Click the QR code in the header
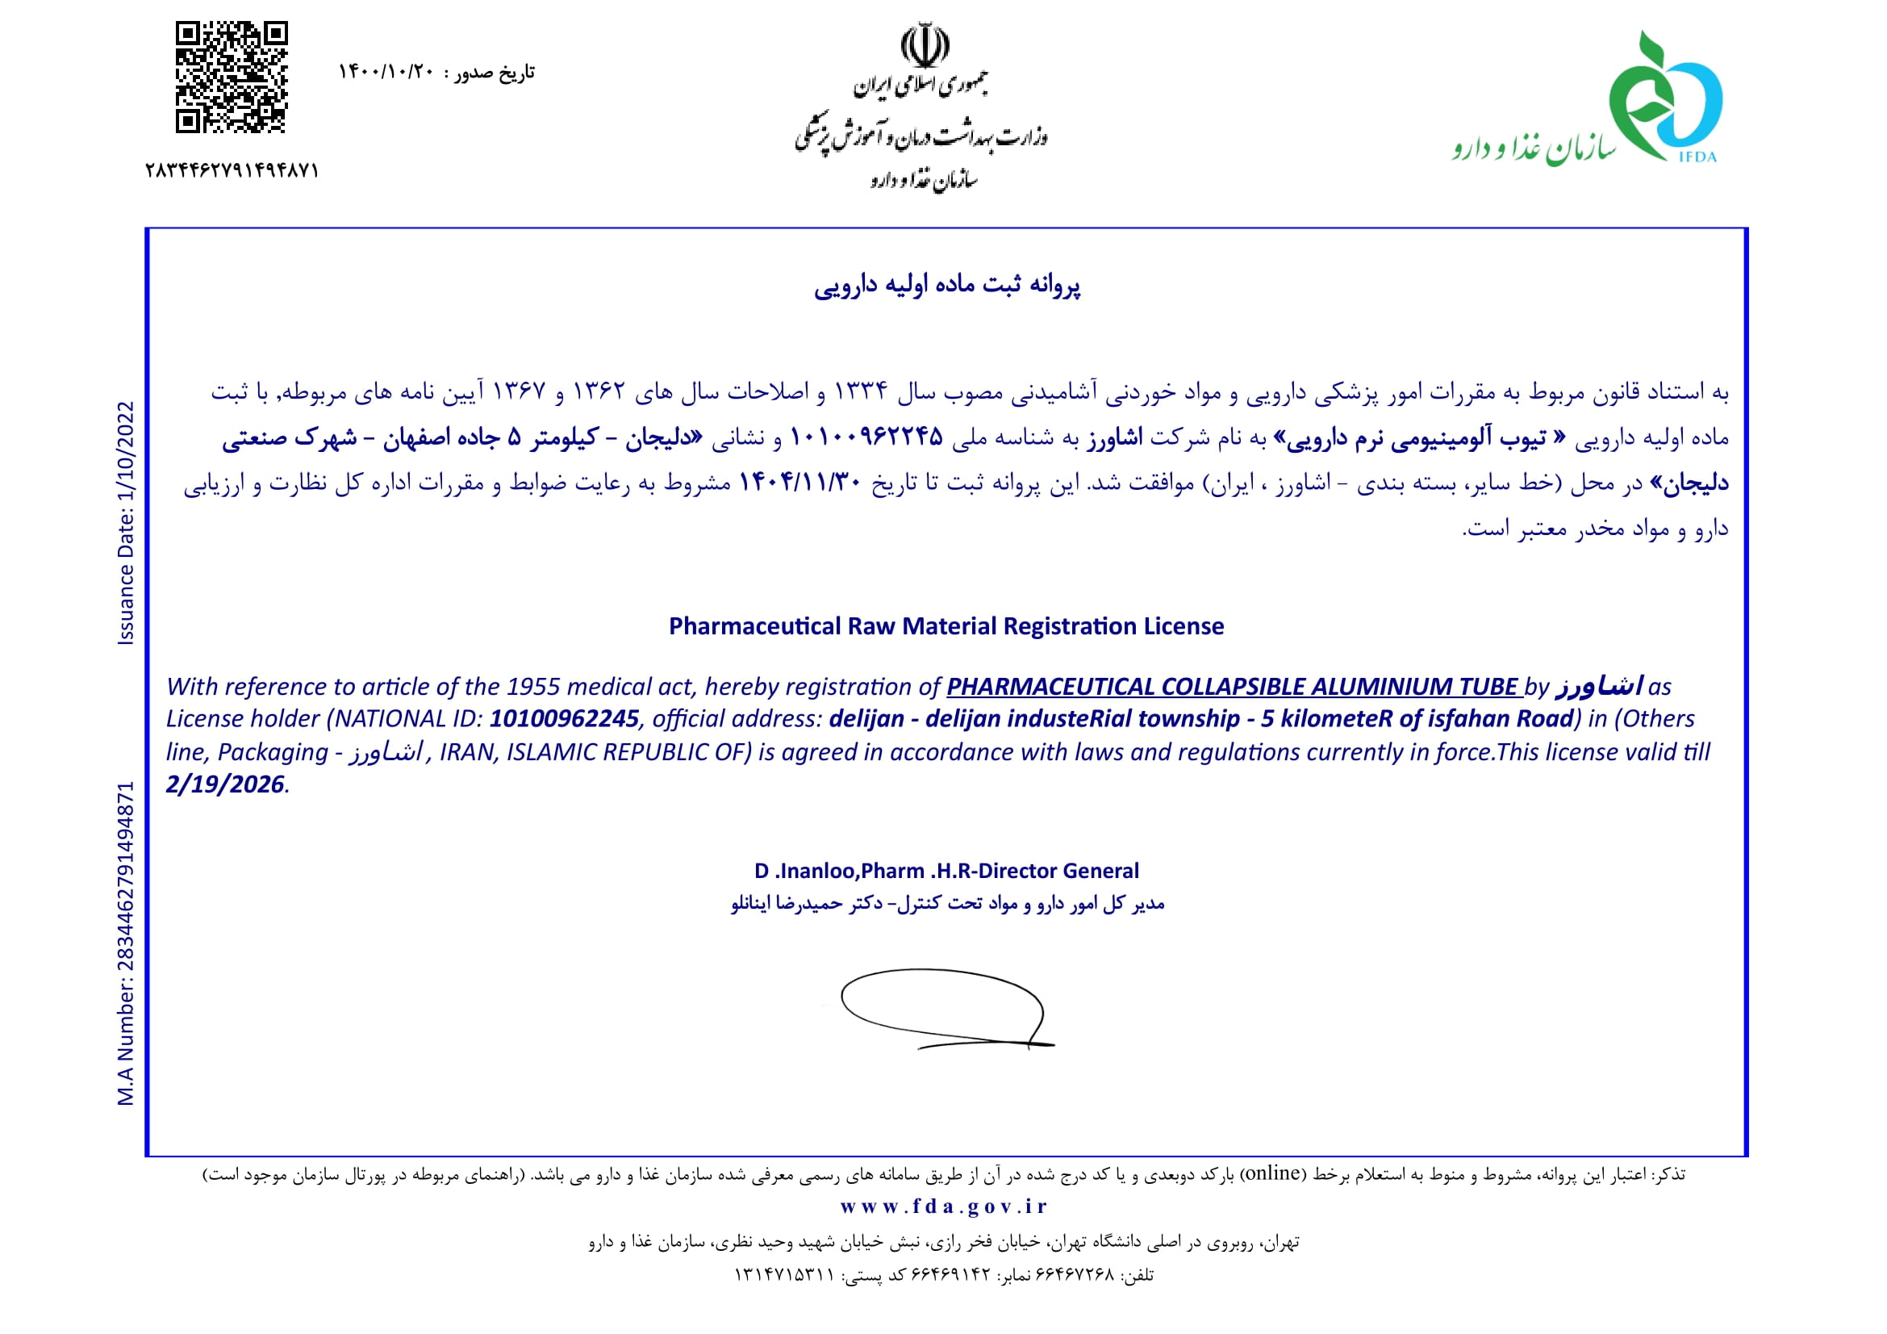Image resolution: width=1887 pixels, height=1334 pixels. pos(231,77)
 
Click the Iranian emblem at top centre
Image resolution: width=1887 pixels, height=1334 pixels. pos(925,44)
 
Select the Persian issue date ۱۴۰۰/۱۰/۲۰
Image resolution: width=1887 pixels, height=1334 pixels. pos(386,73)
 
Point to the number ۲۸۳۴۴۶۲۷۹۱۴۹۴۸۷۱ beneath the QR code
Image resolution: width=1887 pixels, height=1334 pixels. pos(232,171)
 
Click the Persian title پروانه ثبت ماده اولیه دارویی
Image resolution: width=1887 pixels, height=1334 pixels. pos(947,285)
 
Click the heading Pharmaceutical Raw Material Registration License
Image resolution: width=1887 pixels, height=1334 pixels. pos(946,626)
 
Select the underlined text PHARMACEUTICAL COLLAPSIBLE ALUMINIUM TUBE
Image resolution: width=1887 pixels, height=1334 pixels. pos(1232,686)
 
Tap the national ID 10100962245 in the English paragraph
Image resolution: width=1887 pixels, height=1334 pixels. pos(564,719)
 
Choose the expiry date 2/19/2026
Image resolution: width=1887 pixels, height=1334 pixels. pos(224,784)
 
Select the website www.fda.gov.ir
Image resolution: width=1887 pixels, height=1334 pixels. pos(944,1206)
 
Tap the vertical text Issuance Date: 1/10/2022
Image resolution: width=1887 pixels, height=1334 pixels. pos(126,523)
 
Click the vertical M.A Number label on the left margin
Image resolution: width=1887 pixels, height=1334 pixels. pos(126,943)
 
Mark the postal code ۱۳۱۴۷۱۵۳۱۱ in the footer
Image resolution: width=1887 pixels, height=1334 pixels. pos(784,1275)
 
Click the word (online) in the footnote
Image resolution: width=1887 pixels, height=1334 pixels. pos(1272,1173)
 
